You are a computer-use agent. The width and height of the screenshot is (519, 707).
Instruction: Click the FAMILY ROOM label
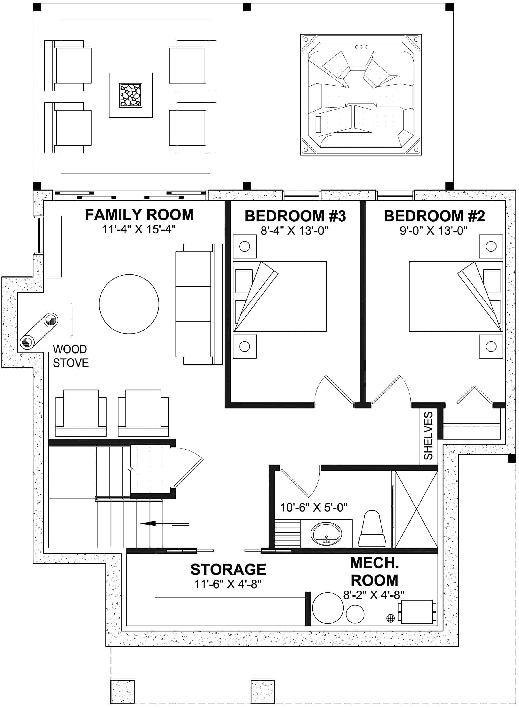(x=139, y=215)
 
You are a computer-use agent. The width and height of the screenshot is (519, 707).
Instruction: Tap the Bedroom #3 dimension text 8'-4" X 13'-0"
(x=294, y=231)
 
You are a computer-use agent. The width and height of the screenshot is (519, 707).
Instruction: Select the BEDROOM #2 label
(x=434, y=216)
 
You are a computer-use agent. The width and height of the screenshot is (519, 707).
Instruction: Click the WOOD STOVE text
(x=70, y=356)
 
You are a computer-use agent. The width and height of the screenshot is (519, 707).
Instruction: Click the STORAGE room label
(x=228, y=570)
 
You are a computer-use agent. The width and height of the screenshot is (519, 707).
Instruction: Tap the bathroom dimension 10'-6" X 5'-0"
(x=313, y=507)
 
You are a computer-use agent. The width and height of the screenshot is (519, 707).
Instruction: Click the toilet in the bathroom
(x=372, y=529)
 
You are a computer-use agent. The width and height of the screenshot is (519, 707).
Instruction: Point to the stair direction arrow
(x=148, y=523)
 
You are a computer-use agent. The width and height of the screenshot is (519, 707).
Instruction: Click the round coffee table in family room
(x=129, y=304)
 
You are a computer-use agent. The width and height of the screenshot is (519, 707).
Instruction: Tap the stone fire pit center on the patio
(x=131, y=95)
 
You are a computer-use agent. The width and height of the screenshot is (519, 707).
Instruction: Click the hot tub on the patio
(x=361, y=95)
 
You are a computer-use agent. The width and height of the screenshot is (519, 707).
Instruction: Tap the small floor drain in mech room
(x=390, y=618)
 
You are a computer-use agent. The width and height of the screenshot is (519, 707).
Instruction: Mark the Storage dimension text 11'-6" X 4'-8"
(x=228, y=584)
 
